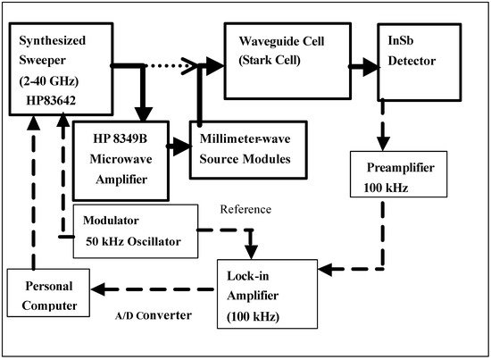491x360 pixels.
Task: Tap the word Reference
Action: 245,209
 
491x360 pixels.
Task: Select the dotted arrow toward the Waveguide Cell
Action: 183,63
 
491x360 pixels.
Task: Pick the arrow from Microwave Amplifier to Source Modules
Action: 177,143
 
